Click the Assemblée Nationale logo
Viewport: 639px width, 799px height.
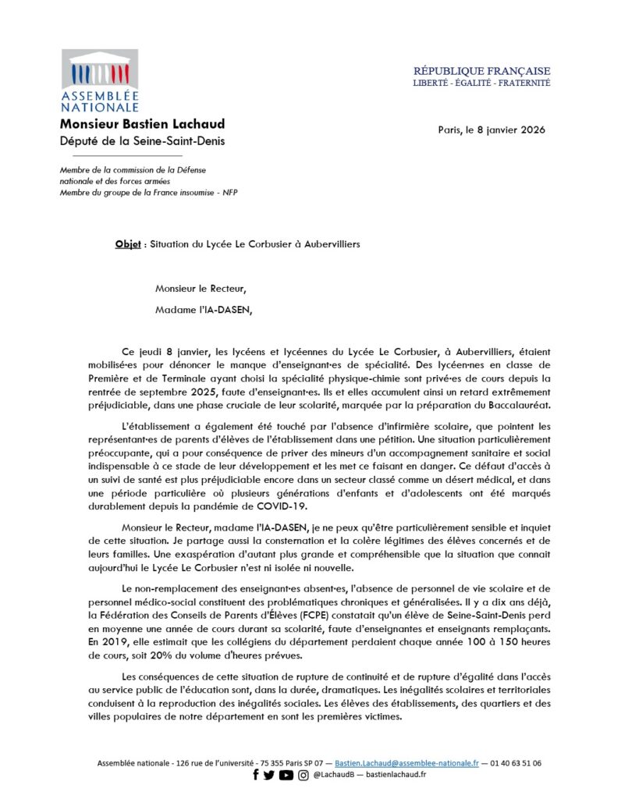(99, 81)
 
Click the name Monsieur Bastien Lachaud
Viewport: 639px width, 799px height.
(142, 125)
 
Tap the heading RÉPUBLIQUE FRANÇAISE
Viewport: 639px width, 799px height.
(481, 71)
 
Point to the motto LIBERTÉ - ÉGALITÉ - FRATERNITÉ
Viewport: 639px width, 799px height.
(481, 82)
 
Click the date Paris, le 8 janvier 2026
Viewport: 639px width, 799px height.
(492, 130)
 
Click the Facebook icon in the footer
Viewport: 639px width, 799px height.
(255, 775)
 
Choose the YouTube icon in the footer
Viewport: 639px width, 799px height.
(286, 775)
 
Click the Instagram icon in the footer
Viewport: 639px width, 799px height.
(303, 775)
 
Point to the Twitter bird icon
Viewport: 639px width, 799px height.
(269, 775)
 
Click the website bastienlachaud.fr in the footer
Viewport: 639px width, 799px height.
(396, 775)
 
